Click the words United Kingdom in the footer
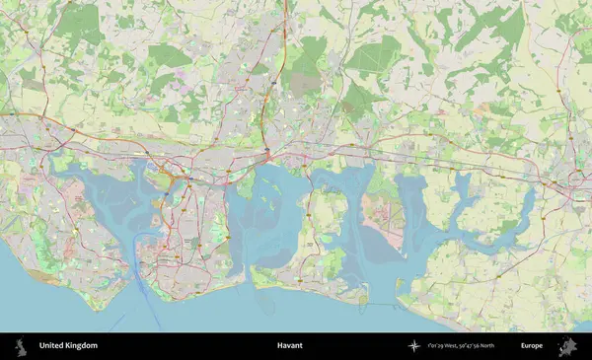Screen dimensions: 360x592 (x=68, y=346)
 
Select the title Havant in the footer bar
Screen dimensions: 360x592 (x=289, y=346)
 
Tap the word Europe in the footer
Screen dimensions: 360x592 (x=532, y=346)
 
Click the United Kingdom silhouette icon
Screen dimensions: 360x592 (x=20, y=346)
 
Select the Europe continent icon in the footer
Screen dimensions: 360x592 (x=567, y=346)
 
